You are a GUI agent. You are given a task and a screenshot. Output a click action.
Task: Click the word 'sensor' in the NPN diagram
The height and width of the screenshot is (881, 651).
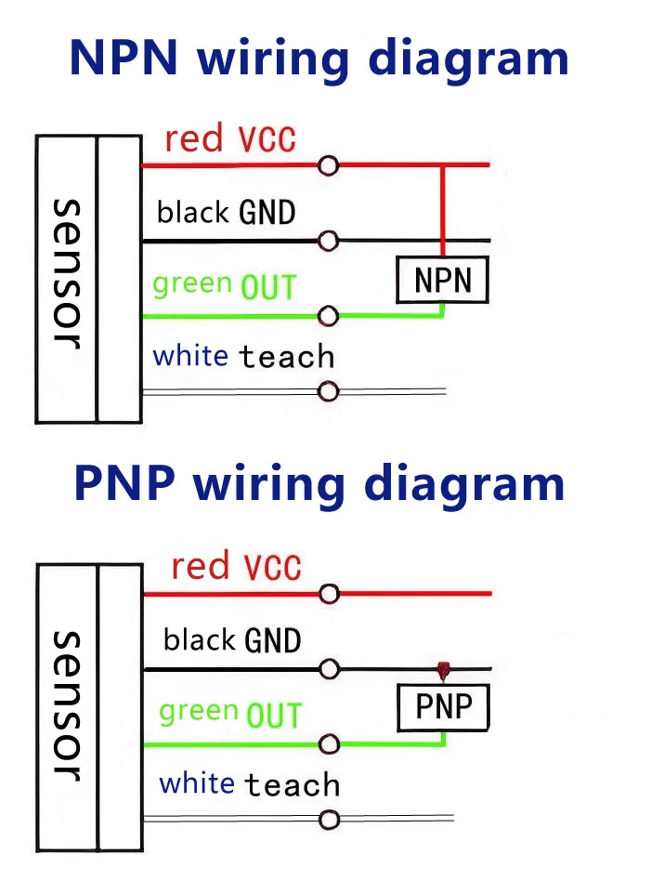tap(67, 274)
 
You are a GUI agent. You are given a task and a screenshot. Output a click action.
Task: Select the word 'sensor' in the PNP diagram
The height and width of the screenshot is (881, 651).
tap(67, 705)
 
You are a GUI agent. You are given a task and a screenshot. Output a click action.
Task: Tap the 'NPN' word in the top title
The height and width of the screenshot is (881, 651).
tap(124, 58)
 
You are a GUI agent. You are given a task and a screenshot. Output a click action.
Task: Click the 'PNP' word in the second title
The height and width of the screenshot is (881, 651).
tap(124, 483)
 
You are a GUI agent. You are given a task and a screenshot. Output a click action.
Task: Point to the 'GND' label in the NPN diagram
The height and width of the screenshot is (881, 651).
tap(267, 213)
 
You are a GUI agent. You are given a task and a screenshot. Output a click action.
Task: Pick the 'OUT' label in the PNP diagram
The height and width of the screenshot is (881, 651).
tap(274, 716)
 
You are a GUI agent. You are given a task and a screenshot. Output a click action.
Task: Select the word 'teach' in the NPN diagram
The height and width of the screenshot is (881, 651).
tap(286, 356)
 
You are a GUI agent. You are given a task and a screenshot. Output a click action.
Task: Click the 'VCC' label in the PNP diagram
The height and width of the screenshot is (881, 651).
tap(272, 566)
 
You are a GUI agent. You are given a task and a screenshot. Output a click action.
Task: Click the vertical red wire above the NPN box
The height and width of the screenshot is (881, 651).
tap(443, 211)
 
